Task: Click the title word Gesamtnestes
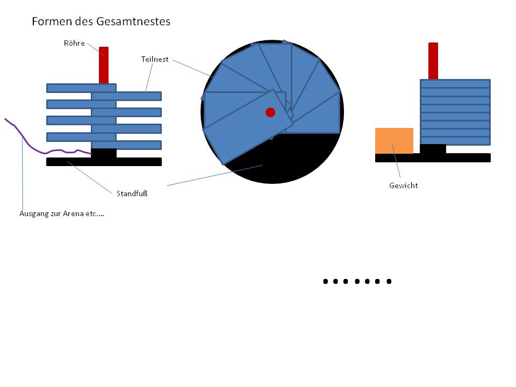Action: pos(134,21)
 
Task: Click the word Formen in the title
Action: pos(52,21)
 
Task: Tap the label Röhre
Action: pos(74,43)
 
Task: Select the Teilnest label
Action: pos(155,59)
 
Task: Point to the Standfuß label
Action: pos(132,193)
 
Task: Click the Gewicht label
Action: pos(404,185)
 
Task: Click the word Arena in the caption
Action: pos(73,213)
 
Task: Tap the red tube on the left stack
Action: pos(104,65)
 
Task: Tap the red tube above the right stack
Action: pos(433,61)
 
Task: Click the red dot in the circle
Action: pos(270,112)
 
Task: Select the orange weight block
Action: pos(394,141)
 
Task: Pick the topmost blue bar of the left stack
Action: pos(81,88)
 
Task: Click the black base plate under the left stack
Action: pos(104,162)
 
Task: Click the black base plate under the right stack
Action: pos(433,158)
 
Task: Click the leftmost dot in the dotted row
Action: pos(326,281)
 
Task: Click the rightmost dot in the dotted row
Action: pos(389,281)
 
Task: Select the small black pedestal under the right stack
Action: pos(433,149)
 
